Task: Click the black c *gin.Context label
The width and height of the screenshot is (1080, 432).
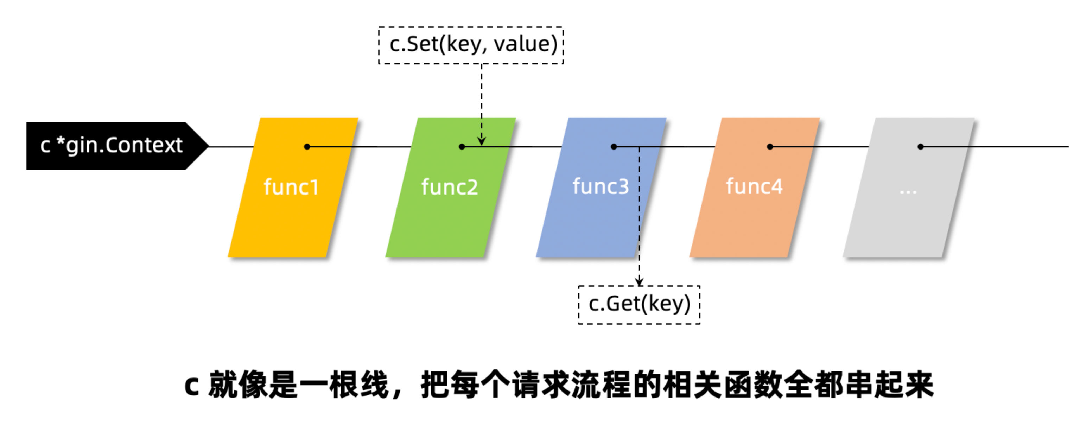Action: coord(111,146)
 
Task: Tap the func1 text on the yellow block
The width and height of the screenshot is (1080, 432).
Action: coord(291,187)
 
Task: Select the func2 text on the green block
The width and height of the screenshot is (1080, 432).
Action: coord(450,187)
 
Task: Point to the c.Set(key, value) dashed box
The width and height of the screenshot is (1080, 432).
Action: coord(471,45)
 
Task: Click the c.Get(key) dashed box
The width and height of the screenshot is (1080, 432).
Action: coord(639,305)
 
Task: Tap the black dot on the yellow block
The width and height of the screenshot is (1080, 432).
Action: coord(307,147)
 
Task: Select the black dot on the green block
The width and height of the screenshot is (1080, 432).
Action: coord(462,147)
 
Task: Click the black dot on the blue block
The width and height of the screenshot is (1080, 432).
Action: coord(614,147)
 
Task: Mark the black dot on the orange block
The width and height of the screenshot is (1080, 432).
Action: coord(770,147)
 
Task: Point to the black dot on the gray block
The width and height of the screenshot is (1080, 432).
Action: coord(920,147)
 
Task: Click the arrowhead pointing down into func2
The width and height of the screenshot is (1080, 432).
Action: coord(481,141)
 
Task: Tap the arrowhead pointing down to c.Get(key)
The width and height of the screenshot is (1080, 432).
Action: coord(639,282)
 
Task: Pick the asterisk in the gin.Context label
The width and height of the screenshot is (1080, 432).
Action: coord(61,142)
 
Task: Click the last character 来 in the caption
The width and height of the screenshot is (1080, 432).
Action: coord(919,385)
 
